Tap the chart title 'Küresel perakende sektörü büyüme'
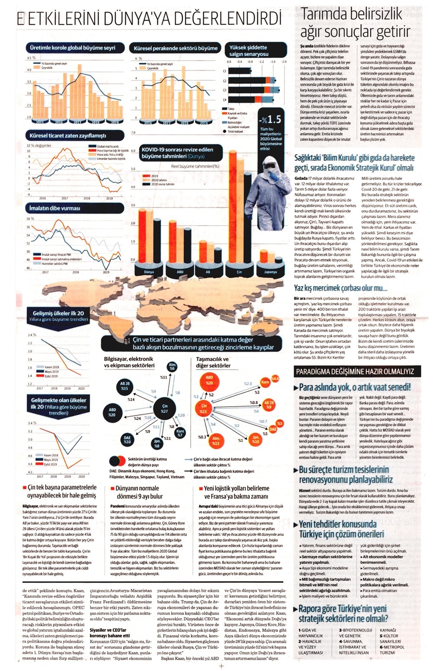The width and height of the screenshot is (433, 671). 175,48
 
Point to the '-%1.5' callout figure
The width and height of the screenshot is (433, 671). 270,119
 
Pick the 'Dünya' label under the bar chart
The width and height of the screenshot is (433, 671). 149,272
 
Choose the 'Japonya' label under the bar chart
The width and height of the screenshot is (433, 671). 270,272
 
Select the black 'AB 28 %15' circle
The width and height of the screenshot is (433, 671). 125,386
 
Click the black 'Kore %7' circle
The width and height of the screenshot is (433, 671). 180,432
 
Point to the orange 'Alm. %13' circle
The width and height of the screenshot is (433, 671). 216,441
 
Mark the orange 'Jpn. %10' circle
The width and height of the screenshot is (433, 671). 256,440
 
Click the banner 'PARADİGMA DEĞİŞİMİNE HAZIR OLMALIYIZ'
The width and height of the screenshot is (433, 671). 355,371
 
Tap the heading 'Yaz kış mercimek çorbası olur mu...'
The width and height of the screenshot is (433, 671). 340,288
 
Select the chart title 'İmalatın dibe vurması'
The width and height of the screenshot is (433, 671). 55,208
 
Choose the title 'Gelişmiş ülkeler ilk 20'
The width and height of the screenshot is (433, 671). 58,313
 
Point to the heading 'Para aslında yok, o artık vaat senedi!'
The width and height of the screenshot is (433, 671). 355,387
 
